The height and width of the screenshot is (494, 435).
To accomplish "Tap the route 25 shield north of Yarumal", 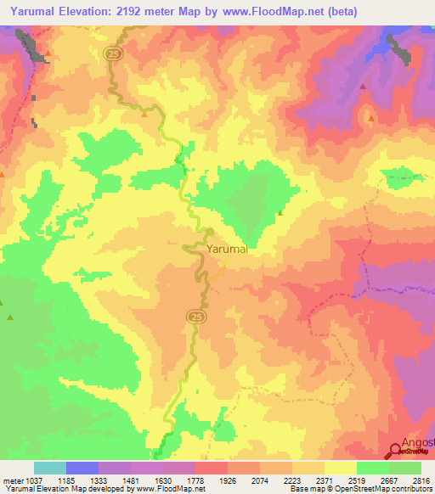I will [113, 53].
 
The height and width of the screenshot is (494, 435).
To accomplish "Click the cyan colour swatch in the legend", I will [49, 468].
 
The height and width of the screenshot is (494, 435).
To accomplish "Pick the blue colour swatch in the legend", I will [82, 468].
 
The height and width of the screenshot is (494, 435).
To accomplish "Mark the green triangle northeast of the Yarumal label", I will [280, 213].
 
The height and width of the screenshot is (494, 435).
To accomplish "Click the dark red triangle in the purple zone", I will [363, 87].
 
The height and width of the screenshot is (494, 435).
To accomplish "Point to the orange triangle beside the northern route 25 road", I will [145, 113].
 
